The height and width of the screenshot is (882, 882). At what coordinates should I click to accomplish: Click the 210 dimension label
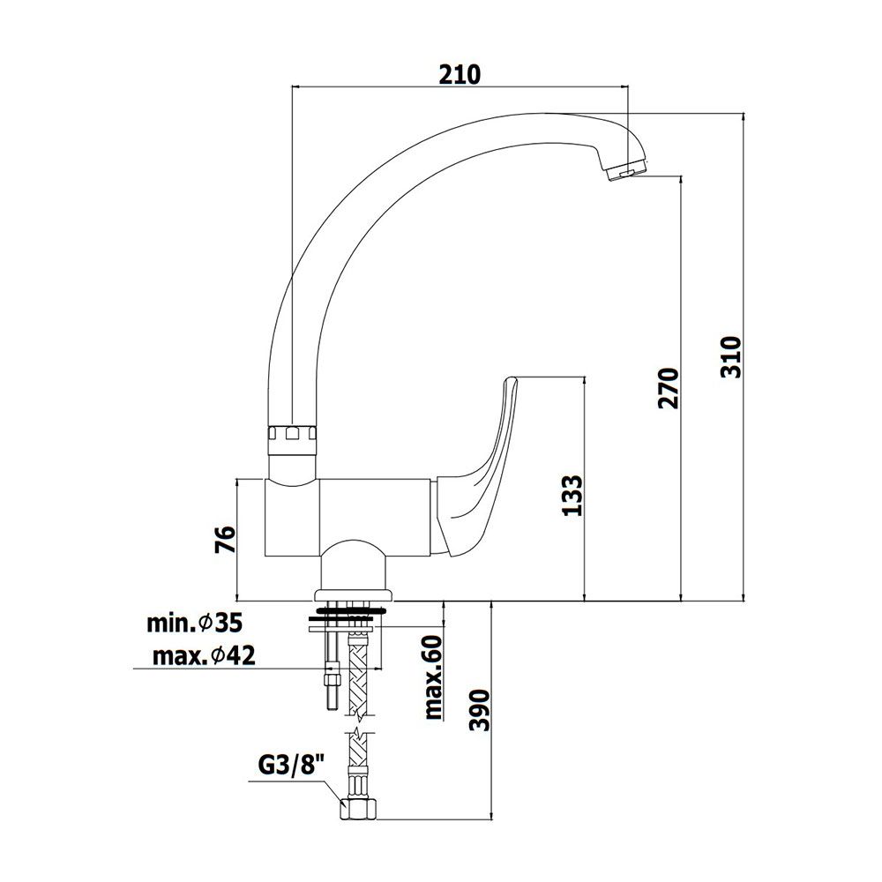pos(460,74)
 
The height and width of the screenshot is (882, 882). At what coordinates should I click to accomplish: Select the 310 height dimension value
pos(731,357)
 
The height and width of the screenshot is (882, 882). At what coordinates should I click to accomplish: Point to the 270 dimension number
pos(669,388)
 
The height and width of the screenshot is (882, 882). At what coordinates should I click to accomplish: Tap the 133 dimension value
pos(572,496)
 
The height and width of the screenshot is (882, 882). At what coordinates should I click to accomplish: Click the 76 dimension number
pos(226,540)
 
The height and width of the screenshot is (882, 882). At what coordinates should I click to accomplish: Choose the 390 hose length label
pos(480,710)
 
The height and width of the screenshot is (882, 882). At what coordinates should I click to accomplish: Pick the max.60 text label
pos(434,677)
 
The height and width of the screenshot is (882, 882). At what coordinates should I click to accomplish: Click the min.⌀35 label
pos(195,624)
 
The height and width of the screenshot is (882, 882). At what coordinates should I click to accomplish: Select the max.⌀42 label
pos(204,655)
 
